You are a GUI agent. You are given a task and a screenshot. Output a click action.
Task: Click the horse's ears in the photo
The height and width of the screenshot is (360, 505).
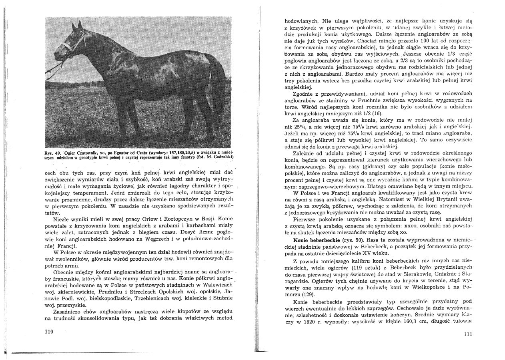[76, 27]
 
